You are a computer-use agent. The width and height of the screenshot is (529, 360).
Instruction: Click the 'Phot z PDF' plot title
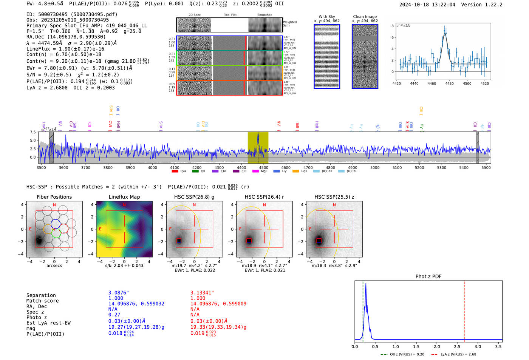(428, 277)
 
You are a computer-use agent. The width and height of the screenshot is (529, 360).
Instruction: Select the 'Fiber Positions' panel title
(54, 197)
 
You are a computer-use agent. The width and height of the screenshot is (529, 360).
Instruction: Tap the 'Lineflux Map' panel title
(124, 197)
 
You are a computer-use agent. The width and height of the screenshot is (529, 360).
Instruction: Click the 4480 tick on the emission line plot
(449, 83)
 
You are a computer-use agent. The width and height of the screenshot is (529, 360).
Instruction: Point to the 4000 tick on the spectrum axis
(152, 167)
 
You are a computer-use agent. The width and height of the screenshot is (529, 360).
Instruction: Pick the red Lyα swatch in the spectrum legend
(175, 172)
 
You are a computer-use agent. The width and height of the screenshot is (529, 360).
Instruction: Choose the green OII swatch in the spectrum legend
(195, 172)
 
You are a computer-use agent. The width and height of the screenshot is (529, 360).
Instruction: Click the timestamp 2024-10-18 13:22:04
(427, 5)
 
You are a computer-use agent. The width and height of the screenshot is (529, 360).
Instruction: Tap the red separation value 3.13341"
(202, 293)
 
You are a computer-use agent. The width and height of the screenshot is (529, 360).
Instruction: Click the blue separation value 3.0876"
(119, 293)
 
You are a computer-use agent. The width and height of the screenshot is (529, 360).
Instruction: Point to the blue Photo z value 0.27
(114, 315)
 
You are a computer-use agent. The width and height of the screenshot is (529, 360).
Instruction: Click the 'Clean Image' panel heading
(365, 17)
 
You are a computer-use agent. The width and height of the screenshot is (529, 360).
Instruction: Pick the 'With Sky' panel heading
(326, 17)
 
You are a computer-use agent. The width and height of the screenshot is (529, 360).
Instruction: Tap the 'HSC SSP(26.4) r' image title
(264, 197)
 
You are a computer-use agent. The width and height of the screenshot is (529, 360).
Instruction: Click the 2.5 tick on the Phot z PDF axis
(457, 346)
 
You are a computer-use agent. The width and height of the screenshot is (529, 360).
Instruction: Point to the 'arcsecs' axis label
(54, 266)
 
